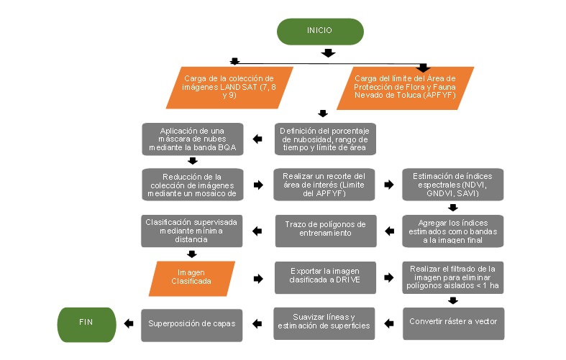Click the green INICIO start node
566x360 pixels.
pos(320,31)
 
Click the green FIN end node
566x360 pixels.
pos(86,323)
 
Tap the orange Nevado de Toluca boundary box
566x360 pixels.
pos(406,87)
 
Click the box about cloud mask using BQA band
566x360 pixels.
pos(192,138)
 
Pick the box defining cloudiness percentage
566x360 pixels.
pos(324,138)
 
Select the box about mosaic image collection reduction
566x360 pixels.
pos(192,185)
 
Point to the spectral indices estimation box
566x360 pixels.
pos(453,185)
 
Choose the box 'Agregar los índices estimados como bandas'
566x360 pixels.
pos(453,231)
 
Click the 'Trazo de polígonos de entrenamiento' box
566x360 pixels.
pos(324,231)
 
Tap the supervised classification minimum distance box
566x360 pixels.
pos(192,231)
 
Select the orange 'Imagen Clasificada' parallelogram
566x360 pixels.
pos(191,278)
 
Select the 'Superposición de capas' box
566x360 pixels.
pos(192,323)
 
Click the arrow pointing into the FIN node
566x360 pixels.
pos(128,323)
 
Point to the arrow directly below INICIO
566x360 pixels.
pos(328,53)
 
